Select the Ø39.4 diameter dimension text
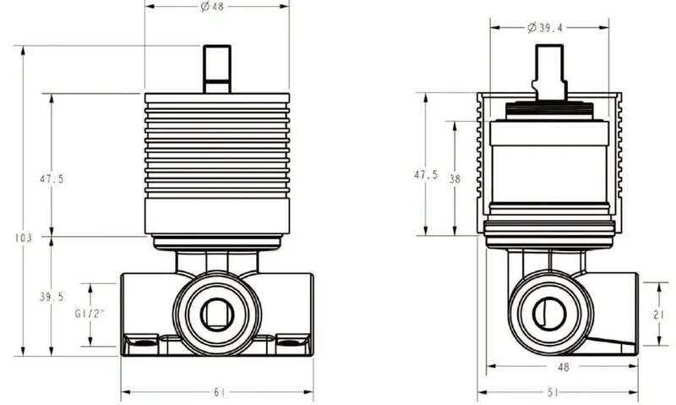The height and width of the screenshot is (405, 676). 547,27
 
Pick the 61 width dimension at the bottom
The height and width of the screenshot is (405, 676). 217,392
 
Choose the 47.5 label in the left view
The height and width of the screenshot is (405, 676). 52,178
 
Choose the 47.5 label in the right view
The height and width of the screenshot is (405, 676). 425,175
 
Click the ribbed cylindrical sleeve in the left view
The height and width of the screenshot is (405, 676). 217,144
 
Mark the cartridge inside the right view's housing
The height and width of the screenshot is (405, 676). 549,165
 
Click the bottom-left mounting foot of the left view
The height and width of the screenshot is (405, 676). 141,342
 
